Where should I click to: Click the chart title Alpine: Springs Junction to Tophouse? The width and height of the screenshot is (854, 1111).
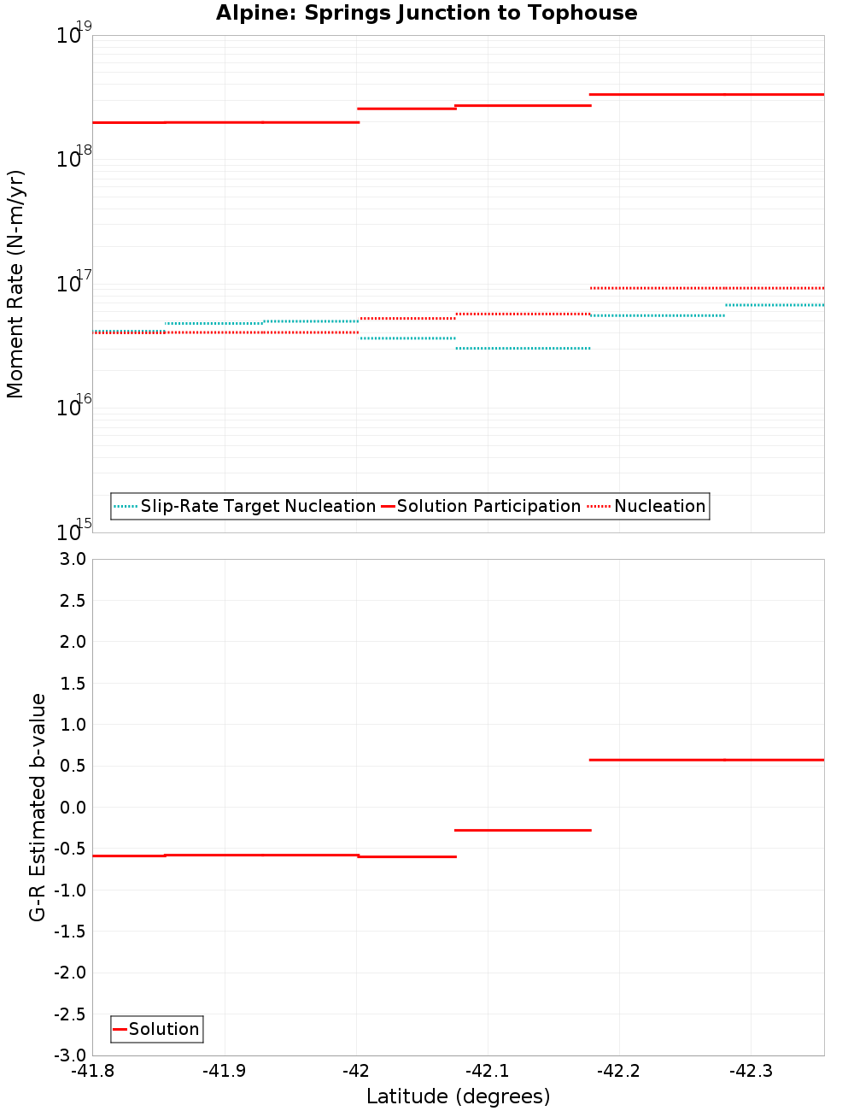[x=426, y=13]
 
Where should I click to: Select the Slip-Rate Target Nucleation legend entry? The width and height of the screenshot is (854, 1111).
[x=257, y=506]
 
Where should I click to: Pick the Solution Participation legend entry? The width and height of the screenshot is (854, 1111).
[x=488, y=506]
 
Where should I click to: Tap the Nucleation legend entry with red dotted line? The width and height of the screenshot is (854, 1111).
[x=659, y=506]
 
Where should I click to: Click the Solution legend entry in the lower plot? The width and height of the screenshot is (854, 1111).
[x=163, y=1029]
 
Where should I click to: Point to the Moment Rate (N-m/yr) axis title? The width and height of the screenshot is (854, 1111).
[x=15, y=284]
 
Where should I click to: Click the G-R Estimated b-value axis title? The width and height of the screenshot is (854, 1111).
[x=38, y=807]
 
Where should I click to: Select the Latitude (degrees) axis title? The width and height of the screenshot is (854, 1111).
[x=458, y=1096]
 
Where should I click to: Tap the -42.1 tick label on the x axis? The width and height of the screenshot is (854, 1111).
[x=487, y=1071]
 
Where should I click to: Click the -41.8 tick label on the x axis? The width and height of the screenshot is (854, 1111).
[x=92, y=1071]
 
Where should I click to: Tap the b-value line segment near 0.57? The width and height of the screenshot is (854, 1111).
[x=707, y=760]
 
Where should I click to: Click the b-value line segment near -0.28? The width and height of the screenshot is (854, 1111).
[x=523, y=830]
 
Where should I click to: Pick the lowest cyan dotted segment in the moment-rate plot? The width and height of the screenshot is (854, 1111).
[x=523, y=348]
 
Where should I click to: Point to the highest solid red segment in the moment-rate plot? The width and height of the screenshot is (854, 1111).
[x=707, y=94]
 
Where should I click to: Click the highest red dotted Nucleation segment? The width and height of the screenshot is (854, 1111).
[x=707, y=288]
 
